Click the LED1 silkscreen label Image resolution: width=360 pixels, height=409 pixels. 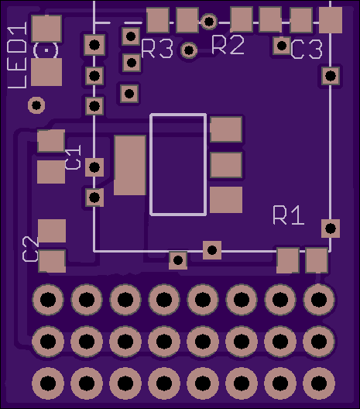tap(17, 55)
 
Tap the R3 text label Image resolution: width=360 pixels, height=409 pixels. tap(157, 49)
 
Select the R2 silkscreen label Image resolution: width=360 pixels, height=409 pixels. tap(228, 45)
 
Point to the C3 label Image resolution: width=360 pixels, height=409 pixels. tap(307, 50)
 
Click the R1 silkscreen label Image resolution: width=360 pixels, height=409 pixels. tap(289, 215)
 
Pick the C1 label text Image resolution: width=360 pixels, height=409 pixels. tap(73, 157)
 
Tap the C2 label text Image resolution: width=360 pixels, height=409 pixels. tap(31, 249)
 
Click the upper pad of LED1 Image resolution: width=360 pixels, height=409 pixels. tap(46, 29)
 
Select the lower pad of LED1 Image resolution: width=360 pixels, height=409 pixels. tap(46, 72)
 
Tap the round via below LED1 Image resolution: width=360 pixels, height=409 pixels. tap(36, 105)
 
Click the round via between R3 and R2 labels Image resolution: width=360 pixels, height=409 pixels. tap(189, 50)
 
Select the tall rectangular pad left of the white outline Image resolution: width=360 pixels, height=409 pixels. tap(130, 165)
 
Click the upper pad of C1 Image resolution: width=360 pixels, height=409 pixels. tap(51, 141)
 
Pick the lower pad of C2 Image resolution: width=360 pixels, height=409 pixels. tap(52, 261)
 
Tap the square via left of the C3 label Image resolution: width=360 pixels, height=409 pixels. tap(282, 46)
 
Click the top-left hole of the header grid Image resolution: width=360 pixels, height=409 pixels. tap(48, 300)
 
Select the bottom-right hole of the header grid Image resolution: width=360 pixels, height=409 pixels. tap(319, 383)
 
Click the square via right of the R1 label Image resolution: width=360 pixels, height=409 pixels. tap(331, 229)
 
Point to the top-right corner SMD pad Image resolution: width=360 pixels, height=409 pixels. tap(331, 20)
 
